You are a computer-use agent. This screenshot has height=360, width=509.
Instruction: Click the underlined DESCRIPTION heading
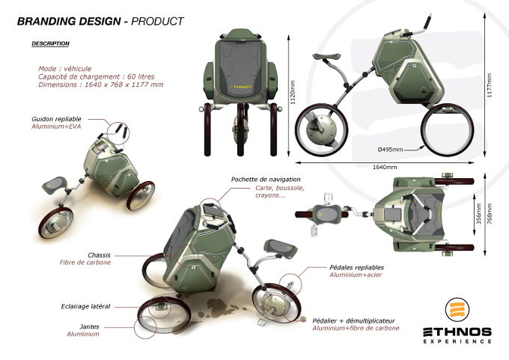[x=50, y=43]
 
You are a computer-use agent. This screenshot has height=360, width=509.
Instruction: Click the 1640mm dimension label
[x=384, y=167]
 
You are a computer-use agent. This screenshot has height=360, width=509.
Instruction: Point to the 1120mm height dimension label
[x=293, y=92]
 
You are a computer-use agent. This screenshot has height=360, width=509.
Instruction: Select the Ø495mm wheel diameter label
[x=390, y=150]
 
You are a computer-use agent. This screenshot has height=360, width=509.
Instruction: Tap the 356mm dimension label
[x=478, y=213]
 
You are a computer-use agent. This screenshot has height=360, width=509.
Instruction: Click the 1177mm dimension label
[x=490, y=85]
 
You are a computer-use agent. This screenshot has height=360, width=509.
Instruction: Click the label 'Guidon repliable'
[x=56, y=119]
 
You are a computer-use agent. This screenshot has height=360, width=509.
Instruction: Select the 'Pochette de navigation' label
[x=266, y=179]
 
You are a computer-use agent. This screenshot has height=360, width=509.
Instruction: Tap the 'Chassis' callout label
[x=99, y=255]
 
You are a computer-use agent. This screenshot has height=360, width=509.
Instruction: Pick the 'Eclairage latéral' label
[x=85, y=306]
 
